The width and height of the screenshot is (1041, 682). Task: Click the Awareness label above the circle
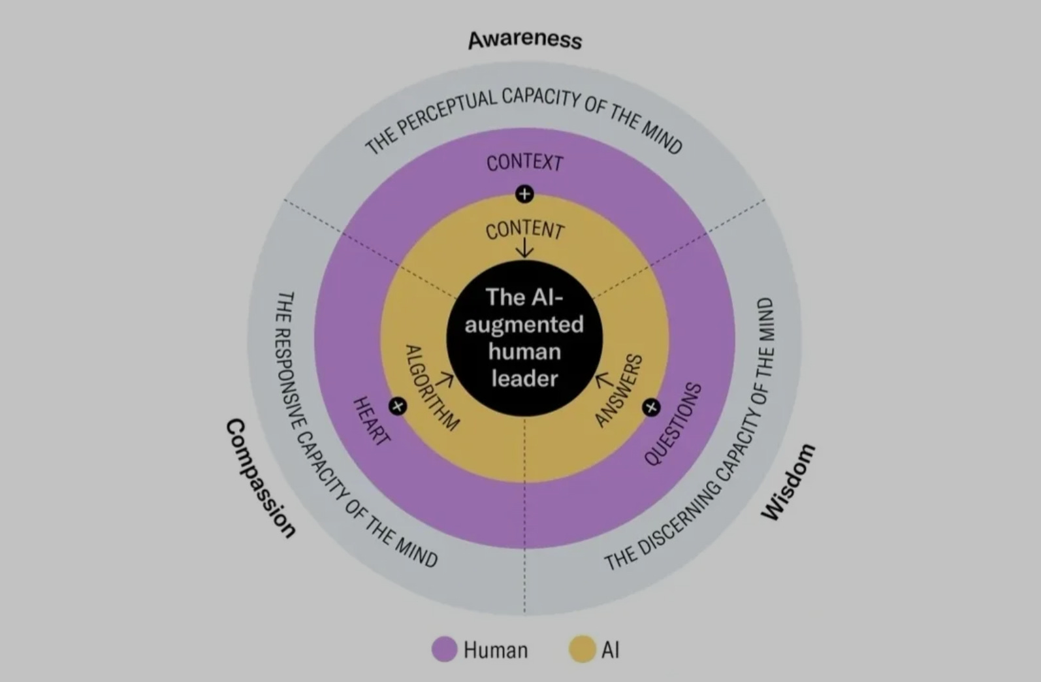(x=524, y=39)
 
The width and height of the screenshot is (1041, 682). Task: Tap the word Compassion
(x=260, y=478)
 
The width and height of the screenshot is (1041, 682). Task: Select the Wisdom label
(x=789, y=481)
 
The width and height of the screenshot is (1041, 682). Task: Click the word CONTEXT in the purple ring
(x=524, y=162)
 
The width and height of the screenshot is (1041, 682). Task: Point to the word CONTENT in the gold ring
(x=524, y=229)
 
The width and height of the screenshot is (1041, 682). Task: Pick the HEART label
(x=371, y=421)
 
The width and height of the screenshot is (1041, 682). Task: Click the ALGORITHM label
(x=431, y=387)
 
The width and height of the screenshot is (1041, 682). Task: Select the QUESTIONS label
(x=673, y=424)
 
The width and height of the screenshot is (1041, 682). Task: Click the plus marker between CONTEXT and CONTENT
(x=524, y=194)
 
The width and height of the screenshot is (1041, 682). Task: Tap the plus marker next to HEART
(x=398, y=406)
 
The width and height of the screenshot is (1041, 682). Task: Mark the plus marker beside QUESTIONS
(x=650, y=408)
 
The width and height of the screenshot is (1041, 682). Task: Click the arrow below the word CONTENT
(x=524, y=248)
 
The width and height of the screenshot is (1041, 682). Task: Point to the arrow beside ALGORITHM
(x=447, y=378)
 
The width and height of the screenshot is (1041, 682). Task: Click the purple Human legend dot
(x=444, y=649)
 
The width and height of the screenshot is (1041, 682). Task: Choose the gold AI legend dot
(x=581, y=649)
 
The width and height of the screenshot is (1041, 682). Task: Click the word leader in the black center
(x=524, y=378)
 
